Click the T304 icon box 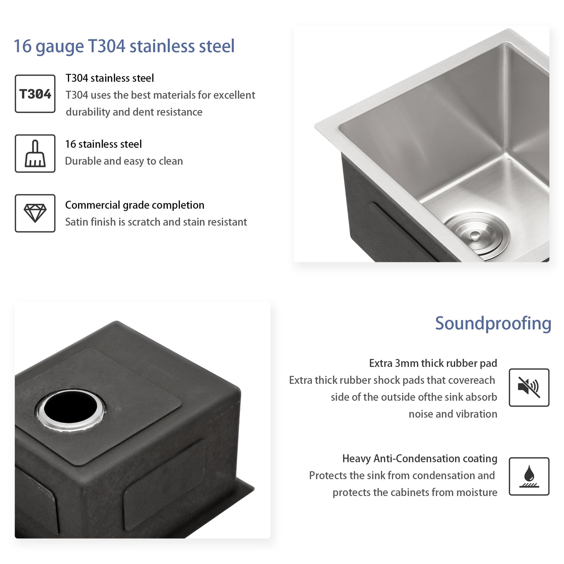(35, 94)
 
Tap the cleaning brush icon (35, 154)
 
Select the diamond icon (35, 213)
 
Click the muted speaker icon (529, 388)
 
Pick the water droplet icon (529, 476)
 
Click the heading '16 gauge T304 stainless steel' (124, 46)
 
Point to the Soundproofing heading (493, 323)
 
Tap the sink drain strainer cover (477, 235)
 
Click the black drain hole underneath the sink (71, 408)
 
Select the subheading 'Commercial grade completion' (135, 205)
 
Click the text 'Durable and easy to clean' (124, 161)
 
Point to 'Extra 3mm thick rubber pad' (433, 363)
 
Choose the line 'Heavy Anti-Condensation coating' (420, 459)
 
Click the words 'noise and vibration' (453, 414)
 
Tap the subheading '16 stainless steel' (103, 144)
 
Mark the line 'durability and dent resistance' (134, 112)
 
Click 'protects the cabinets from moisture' (415, 493)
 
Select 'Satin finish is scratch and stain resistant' (156, 222)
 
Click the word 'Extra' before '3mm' (381, 363)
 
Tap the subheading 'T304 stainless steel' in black (110, 78)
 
